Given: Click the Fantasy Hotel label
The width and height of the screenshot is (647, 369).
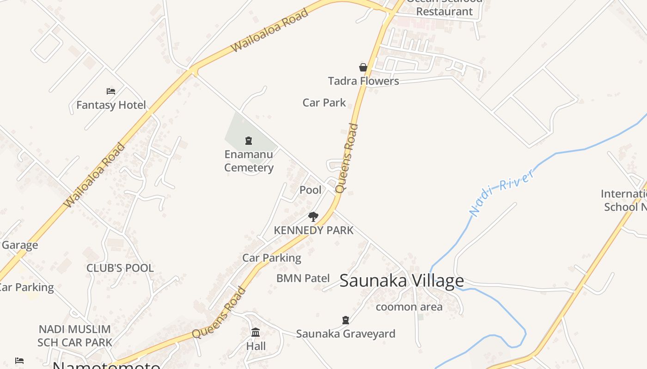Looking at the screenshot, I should click(111, 105).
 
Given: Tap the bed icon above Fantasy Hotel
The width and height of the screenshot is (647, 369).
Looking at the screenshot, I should click(111, 91).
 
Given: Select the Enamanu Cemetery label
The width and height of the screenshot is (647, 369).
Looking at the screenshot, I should click(249, 161).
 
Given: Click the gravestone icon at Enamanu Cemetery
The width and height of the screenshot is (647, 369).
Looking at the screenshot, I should click(249, 141).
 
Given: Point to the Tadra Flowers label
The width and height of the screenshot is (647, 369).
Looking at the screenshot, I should click(363, 81).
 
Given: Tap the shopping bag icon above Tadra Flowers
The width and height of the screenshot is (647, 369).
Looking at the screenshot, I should click(363, 68).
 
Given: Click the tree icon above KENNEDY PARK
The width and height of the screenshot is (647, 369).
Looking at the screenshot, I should click(313, 217).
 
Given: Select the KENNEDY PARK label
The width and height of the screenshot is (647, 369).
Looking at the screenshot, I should click(313, 230).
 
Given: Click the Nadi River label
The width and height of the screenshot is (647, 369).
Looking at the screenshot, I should click(502, 193).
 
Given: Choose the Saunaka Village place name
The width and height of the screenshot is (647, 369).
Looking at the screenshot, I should click(402, 280).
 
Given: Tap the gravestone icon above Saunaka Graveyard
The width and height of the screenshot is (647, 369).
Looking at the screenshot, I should click(345, 320).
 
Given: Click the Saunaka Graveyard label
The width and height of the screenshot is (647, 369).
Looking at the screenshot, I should click(345, 333).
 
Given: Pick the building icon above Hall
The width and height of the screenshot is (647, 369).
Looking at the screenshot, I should click(256, 332).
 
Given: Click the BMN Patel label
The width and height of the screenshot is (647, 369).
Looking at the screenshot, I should click(303, 278).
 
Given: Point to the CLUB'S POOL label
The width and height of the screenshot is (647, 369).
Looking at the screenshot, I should click(120, 268).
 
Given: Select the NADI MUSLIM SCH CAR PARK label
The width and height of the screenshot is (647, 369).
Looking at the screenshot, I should click(75, 336).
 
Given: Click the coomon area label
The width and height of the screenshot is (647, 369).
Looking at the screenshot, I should click(409, 307).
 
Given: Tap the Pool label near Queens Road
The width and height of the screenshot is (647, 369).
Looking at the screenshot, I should click(311, 190).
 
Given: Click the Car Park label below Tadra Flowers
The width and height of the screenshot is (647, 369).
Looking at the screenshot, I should click(324, 102).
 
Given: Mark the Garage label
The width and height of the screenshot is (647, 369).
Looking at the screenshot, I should click(19, 245).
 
